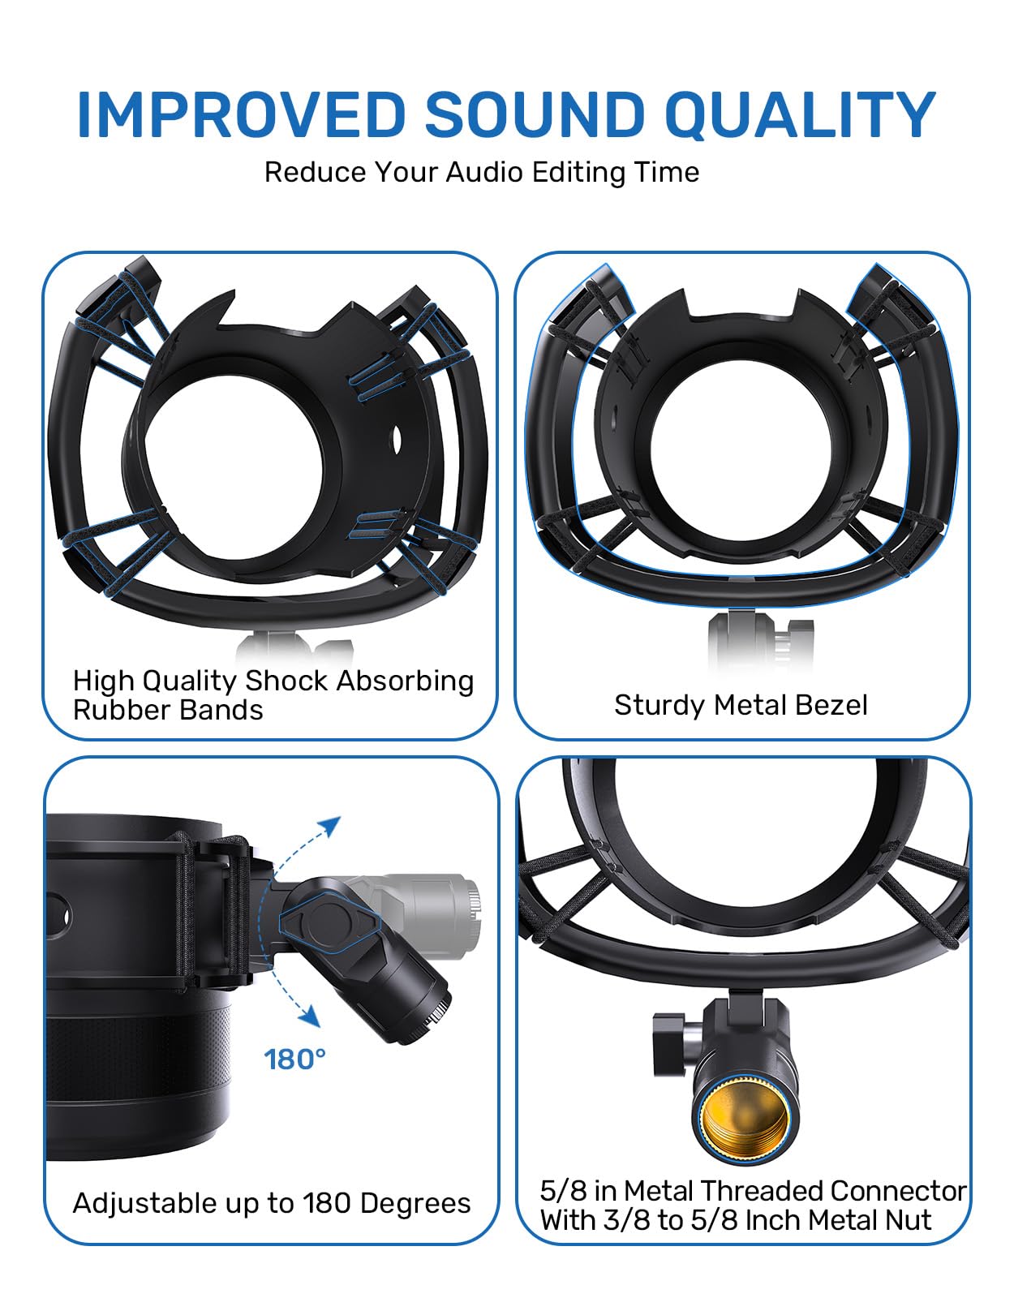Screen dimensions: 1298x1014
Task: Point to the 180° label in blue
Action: [x=295, y=1059]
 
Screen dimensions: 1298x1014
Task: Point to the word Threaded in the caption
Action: [x=761, y=1191]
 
